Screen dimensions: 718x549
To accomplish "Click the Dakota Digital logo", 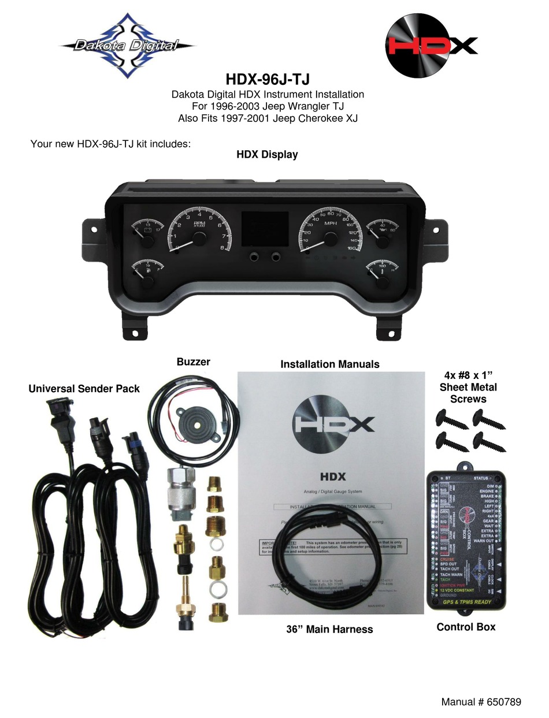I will coord(127,45).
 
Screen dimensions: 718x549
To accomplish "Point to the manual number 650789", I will coord(481,702).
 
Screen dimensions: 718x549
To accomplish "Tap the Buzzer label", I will coord(193,362).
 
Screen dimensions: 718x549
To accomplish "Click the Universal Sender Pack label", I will coord(84,389).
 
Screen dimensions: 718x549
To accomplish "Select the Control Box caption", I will coord(466,627).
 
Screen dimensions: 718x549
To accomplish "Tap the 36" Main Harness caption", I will coord(329,629).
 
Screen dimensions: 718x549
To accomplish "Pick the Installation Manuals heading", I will coord(329,364).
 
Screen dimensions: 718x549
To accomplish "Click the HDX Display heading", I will coord(267,154).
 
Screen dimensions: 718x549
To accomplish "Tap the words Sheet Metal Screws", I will coord(468,393).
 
